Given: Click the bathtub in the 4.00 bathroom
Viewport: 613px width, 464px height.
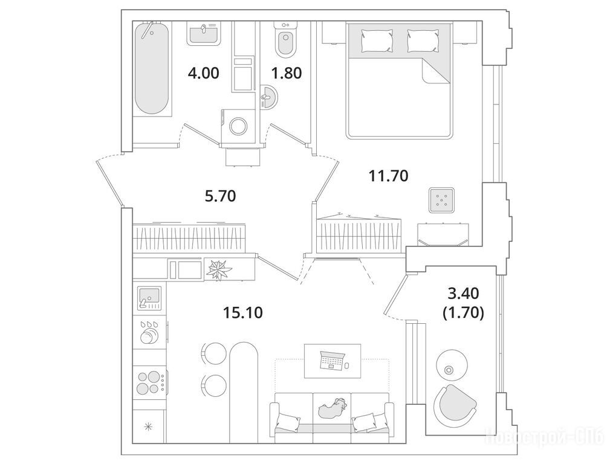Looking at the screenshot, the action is (x=152, y=68).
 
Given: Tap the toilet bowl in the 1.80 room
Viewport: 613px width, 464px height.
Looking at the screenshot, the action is (x=286, y=40).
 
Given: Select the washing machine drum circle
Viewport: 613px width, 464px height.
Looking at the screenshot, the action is (x=238, y=126).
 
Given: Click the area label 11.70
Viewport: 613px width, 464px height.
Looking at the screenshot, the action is (x=389, y=176).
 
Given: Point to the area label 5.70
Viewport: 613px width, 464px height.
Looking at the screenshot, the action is (x=221, y=196).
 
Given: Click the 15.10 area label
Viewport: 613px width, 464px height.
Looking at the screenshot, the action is (x=243, y=312).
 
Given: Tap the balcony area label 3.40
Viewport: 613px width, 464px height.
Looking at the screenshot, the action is (x=464, y=292).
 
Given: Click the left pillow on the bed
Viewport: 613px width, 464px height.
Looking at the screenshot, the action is (x=377, y=40).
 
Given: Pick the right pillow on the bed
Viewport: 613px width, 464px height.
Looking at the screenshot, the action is (x=422, y=40).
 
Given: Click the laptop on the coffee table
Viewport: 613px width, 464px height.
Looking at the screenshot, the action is (x=332, y=360).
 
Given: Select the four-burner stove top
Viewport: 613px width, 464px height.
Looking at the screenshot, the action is (x=150, y=382).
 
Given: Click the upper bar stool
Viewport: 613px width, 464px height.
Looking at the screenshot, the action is (x=213, y=353).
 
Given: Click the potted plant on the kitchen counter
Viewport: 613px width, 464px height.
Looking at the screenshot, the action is (x=219, y=269).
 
